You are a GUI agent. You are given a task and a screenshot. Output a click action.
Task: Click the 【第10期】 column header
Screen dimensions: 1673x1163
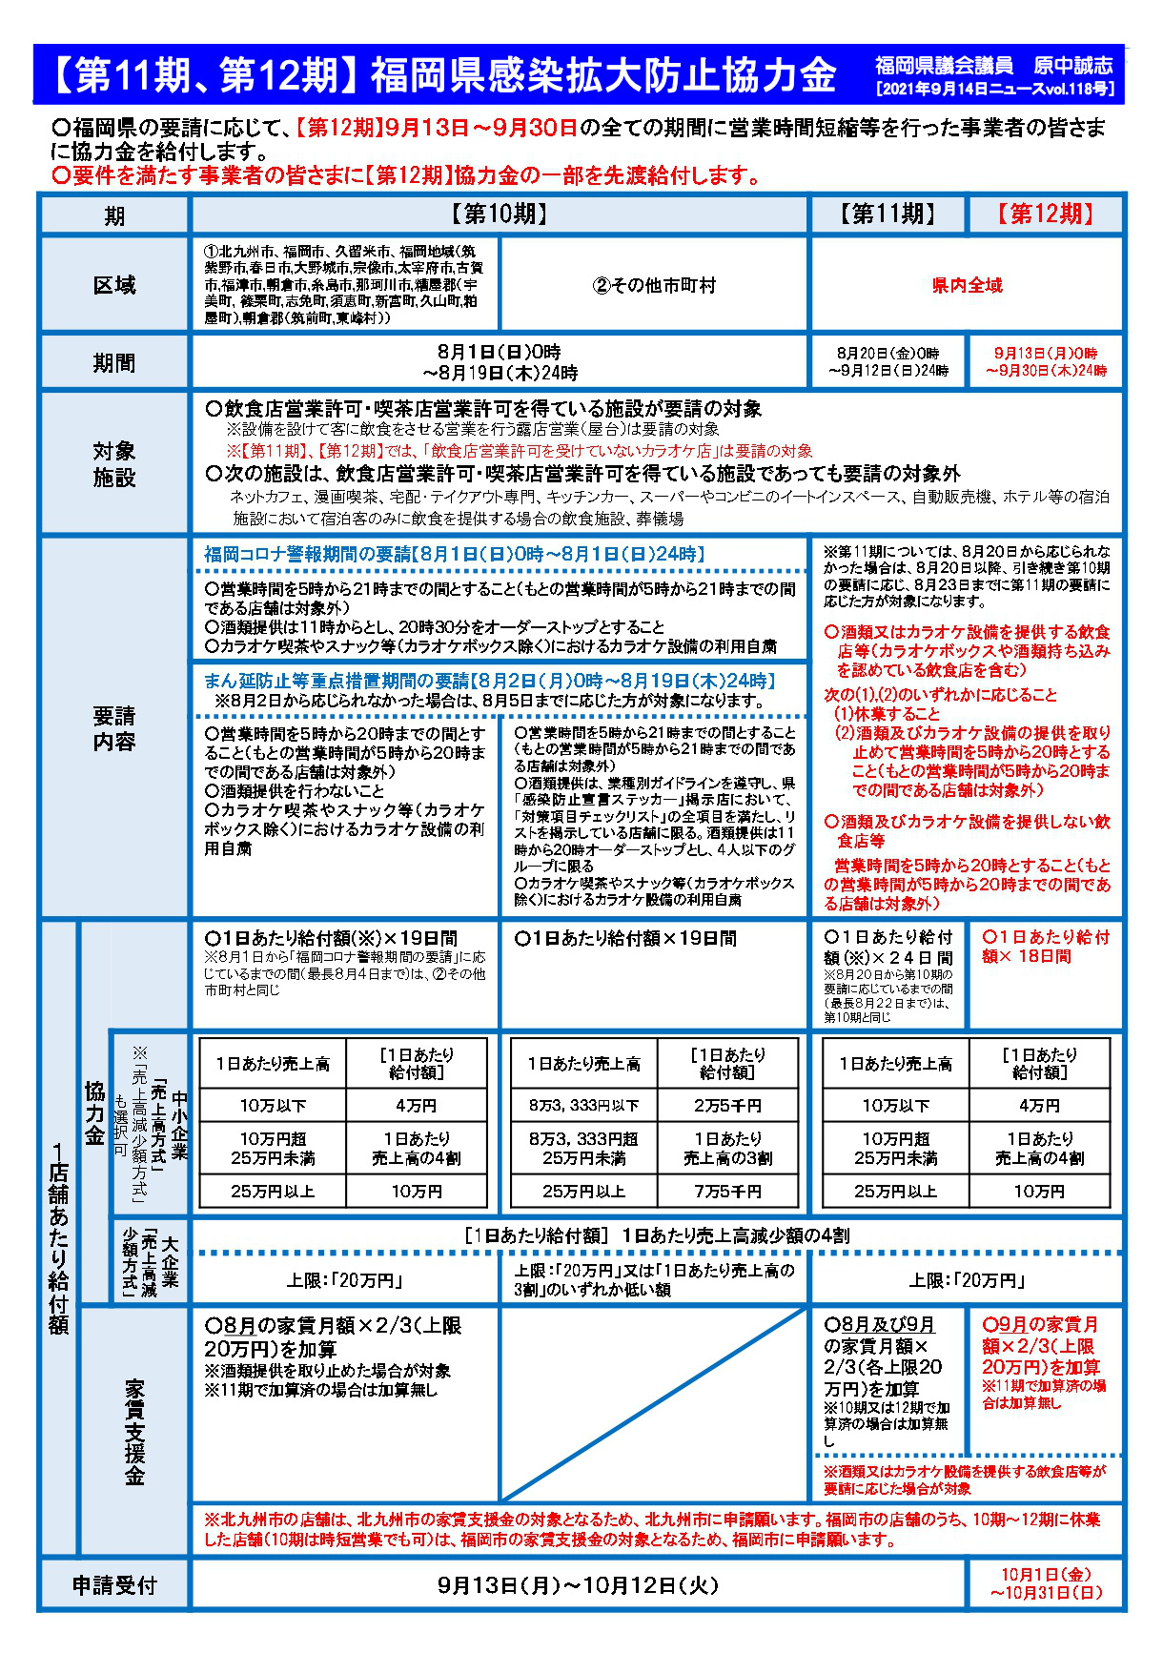tap(500, 214)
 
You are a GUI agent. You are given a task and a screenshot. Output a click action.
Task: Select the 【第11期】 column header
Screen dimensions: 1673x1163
tap(888, 214)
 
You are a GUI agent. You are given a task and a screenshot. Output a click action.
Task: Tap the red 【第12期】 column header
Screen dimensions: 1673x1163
tap(1046, 214)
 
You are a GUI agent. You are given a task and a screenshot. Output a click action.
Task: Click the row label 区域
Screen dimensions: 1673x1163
tap(113, 285)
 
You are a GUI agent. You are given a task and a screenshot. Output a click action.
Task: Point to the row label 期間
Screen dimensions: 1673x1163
tap(113, 362)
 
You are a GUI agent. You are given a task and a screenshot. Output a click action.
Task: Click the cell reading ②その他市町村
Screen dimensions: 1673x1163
tap(654, 285)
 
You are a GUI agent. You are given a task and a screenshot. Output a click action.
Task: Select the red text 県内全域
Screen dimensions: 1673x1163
tap(967, 285)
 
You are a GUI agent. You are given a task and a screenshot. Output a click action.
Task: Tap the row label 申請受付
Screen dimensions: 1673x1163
tap(113, 1585)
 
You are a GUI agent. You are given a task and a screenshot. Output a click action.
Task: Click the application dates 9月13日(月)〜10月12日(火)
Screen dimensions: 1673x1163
tap(578, 1585)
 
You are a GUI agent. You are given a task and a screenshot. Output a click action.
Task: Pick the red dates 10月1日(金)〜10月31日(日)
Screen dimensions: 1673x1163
tap(1046, 1584)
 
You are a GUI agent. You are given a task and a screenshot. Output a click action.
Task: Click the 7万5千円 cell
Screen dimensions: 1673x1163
tap(726, 1192)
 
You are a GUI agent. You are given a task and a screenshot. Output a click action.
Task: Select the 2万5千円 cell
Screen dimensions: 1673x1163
tap(726, 1106)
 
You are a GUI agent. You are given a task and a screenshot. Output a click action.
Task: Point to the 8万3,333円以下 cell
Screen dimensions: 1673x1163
tap(583, 1106)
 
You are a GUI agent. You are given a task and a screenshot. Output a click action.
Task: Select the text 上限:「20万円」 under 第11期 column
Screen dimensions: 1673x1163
tap(967, 1280)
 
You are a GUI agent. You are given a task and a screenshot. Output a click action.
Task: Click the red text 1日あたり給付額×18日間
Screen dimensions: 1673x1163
tap(1046, 947)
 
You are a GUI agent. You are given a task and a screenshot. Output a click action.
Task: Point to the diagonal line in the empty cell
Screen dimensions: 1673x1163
tap(654, 1405)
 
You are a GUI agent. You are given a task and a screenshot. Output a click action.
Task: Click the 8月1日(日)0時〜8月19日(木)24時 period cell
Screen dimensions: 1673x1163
tap(500, 362)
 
